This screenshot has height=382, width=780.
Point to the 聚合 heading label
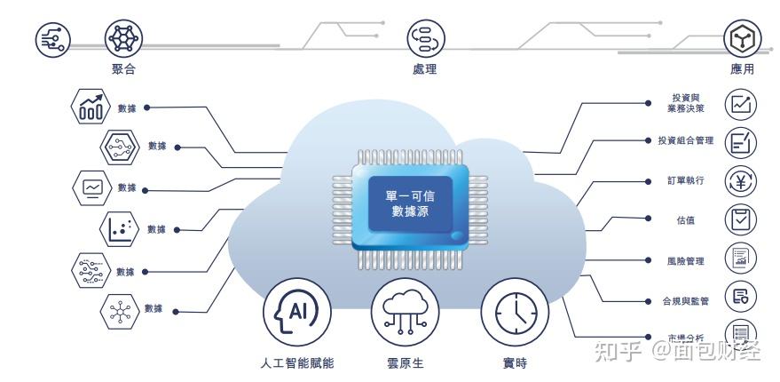[124, 69]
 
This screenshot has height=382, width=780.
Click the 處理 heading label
[424, 69]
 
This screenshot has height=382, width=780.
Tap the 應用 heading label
[742, 69]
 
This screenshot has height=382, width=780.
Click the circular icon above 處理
[425, 37]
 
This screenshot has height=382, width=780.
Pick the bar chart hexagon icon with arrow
[91, 107]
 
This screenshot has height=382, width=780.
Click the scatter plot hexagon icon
[120, 228]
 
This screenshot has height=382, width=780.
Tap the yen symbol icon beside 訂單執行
[741, 180]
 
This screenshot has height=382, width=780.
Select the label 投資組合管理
[685, 140]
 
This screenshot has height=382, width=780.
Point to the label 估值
[686, 219]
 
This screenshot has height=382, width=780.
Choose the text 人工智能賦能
[297, 363]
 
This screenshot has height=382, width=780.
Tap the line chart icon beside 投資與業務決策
[741, 105]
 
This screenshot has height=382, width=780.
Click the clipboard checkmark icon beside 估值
[741, 219]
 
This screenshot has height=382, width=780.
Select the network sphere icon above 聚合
[123, 37]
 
